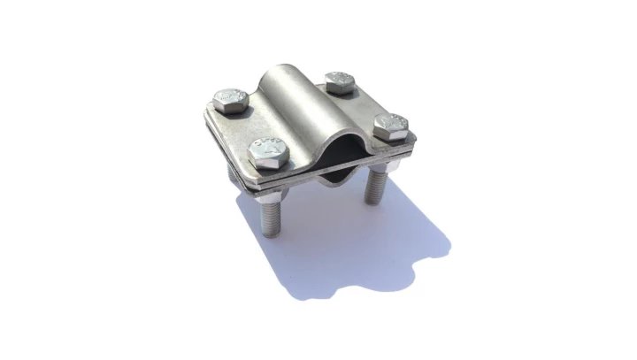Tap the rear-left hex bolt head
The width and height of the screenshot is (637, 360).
click(231, 99)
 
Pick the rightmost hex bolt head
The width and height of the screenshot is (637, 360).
click(390, 126)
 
